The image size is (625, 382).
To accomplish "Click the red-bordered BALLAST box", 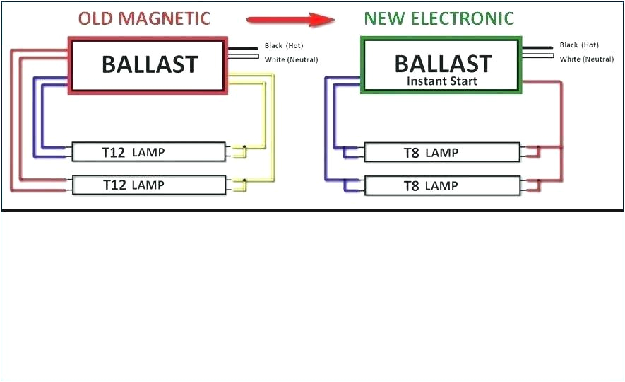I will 148,65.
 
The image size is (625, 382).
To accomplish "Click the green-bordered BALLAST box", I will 442,65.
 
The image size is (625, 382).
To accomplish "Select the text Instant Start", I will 442,81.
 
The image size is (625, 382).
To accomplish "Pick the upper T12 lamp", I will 149,151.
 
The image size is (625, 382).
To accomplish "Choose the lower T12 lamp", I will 149,185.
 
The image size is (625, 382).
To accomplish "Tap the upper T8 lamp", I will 441,152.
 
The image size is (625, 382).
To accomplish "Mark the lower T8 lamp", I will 441,185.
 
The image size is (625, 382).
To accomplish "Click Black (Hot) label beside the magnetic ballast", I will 284,46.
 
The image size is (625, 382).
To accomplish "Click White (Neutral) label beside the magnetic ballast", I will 291,59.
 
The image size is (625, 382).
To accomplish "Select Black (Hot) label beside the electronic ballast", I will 579,45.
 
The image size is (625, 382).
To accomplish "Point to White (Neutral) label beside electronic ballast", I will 586,59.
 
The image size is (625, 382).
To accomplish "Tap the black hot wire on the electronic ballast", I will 538,47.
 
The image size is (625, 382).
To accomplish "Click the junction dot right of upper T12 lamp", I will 244,147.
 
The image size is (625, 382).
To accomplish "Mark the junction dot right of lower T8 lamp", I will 538,181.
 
